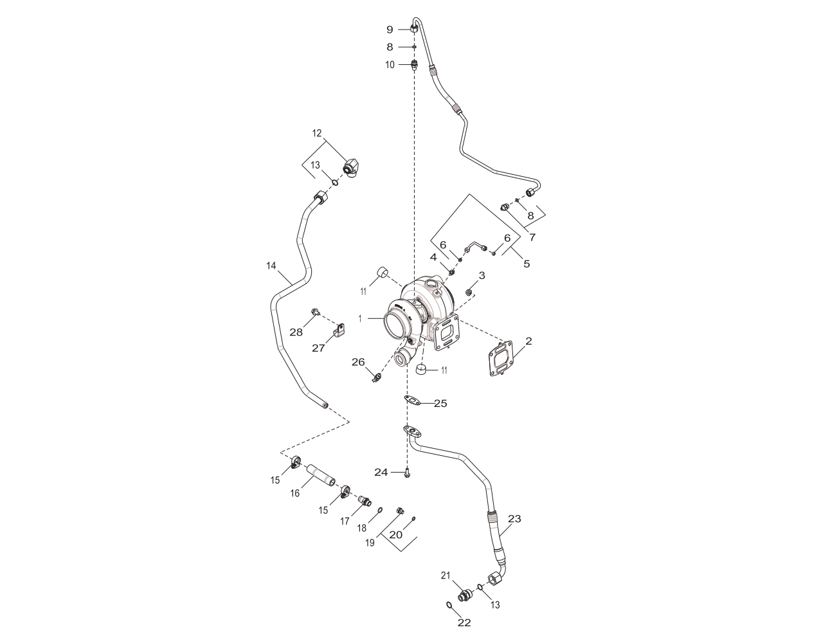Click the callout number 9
[x=390, y=29]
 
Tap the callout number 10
[x=390, y=64]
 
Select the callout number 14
[x=271, y=265]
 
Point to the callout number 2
[x=528, y=341]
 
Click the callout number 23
[x=514, y=518]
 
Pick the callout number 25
[x=440, y=404]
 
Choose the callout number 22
[x=464, y=622]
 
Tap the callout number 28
[x=296, y=332]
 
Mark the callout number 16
[x=295, y=493]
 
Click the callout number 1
[x=361, y=318]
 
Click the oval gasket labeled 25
[x=413, y=401]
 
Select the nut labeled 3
[x=469, y=293]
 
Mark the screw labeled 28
[x=315, y=312]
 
